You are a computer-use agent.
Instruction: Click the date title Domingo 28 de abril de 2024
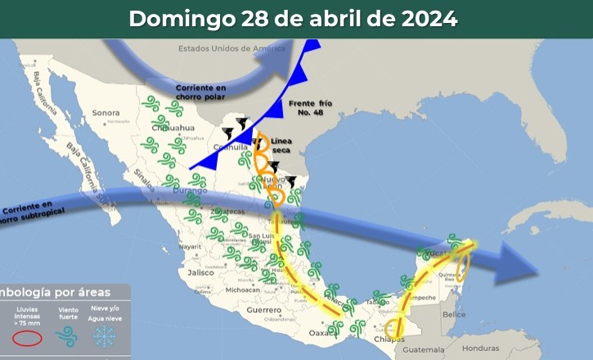pos(293,19)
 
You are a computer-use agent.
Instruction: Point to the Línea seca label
pos(281,146)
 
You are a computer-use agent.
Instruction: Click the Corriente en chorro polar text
pos(201,91)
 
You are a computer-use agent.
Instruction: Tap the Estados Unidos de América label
pos(231,48)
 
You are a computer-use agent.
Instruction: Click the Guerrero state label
pos(263,310)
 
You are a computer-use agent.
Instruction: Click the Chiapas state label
pos(384,339)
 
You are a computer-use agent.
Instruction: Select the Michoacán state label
pos(243,290)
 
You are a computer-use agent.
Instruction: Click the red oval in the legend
pos(27,337)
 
